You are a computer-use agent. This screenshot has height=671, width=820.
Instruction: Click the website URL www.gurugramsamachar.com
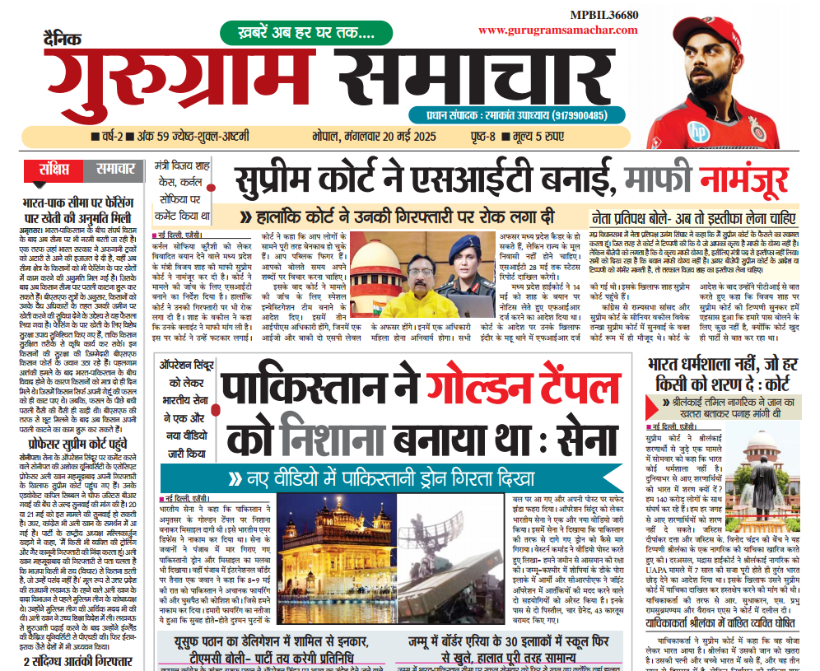point(557,30)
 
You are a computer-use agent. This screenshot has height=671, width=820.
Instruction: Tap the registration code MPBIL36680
point(603,14)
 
